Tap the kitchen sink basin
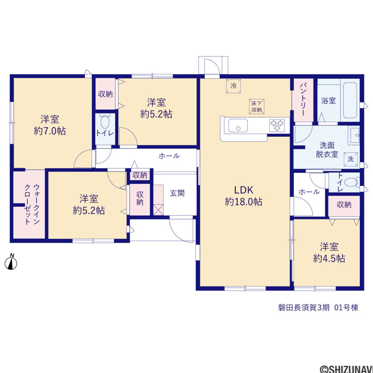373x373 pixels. (238, 126)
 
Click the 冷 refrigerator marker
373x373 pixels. (233, 86)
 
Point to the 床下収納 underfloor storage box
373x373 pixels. (257, 107)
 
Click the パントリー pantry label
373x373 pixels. (303, 99)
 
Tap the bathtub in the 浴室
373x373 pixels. (350, 100)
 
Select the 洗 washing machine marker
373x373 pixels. (351, 159)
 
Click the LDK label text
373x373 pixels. (244, 190)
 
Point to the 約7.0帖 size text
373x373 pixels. (50, 131)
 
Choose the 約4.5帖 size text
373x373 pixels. (329, 258)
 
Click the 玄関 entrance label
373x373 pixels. (177, 193)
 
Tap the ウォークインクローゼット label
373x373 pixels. (32, 204)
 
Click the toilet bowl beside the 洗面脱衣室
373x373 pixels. (352, 183)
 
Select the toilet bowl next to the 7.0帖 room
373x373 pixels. (105, 122)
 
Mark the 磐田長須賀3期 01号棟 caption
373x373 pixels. (318, 307)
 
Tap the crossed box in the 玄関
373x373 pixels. (158, 210)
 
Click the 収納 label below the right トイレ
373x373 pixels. (344, 205)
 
